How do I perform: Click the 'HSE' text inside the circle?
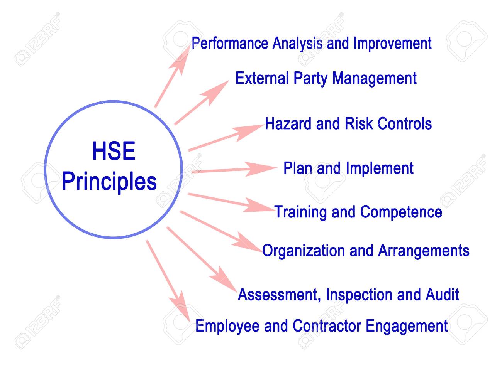coord(114,151)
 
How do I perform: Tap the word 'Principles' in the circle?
coord(109,182)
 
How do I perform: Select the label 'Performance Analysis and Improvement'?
coord(312,44)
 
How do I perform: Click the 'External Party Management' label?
coord(326,78)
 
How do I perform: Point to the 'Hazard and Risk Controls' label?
coord(348,123)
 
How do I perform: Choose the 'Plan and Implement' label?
coord(348,168)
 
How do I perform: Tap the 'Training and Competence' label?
coord(358,212)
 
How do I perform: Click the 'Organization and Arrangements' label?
coord(366,251)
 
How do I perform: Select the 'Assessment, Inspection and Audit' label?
coord(348,295)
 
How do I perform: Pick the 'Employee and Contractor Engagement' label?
coord(322,326)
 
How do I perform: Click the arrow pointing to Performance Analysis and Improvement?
coord(173,76)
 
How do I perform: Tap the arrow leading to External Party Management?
coord(202,103)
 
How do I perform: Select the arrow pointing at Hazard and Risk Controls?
coord(226,138)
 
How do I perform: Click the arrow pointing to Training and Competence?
coord(231,202)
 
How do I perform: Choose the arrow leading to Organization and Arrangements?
coord(221,231)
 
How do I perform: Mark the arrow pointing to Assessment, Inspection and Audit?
coord(202,259)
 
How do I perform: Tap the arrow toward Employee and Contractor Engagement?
coord(168,281)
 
